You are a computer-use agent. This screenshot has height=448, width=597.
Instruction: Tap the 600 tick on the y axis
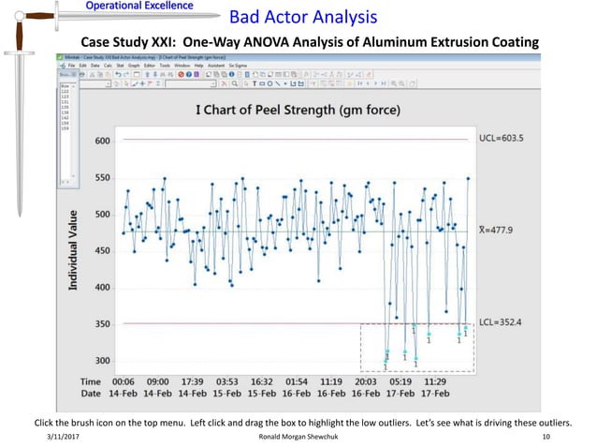102,141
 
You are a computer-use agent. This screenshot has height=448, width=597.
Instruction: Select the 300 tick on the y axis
102,361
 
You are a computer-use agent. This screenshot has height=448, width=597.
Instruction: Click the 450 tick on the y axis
102,250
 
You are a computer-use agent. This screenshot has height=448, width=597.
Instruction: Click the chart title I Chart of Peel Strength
297,111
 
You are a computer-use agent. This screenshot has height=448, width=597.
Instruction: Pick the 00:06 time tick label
125,382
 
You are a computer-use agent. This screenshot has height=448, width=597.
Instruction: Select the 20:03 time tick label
366,382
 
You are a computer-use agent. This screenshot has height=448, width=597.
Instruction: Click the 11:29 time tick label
434,382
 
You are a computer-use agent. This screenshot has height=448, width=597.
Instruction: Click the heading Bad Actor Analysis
303,17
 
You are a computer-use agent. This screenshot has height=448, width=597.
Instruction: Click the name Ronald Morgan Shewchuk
298,438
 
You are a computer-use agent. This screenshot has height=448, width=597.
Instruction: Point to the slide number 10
546,438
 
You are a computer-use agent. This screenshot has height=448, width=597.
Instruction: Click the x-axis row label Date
91,395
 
